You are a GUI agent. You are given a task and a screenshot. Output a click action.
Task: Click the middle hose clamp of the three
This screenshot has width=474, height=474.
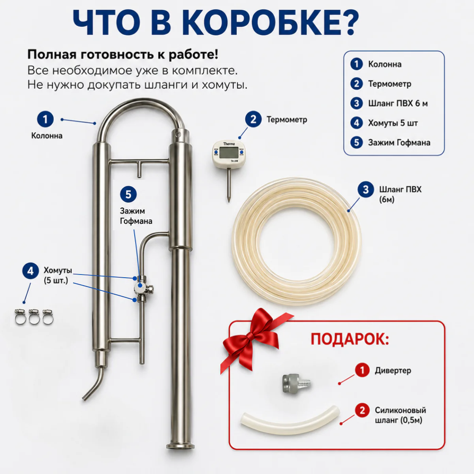(x=34, y=317)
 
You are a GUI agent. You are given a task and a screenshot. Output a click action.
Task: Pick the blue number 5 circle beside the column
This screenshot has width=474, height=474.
(x=128, y=194)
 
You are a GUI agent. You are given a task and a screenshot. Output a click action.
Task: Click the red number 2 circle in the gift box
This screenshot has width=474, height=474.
(x=362, y=410)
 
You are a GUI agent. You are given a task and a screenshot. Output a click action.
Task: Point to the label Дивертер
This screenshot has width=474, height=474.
(x=393, y=371)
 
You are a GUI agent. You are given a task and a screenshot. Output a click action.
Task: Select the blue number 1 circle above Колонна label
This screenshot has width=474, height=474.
(x=45, y=119)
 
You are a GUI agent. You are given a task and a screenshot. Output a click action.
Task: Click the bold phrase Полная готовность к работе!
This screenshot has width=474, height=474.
(x=123, y=55)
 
